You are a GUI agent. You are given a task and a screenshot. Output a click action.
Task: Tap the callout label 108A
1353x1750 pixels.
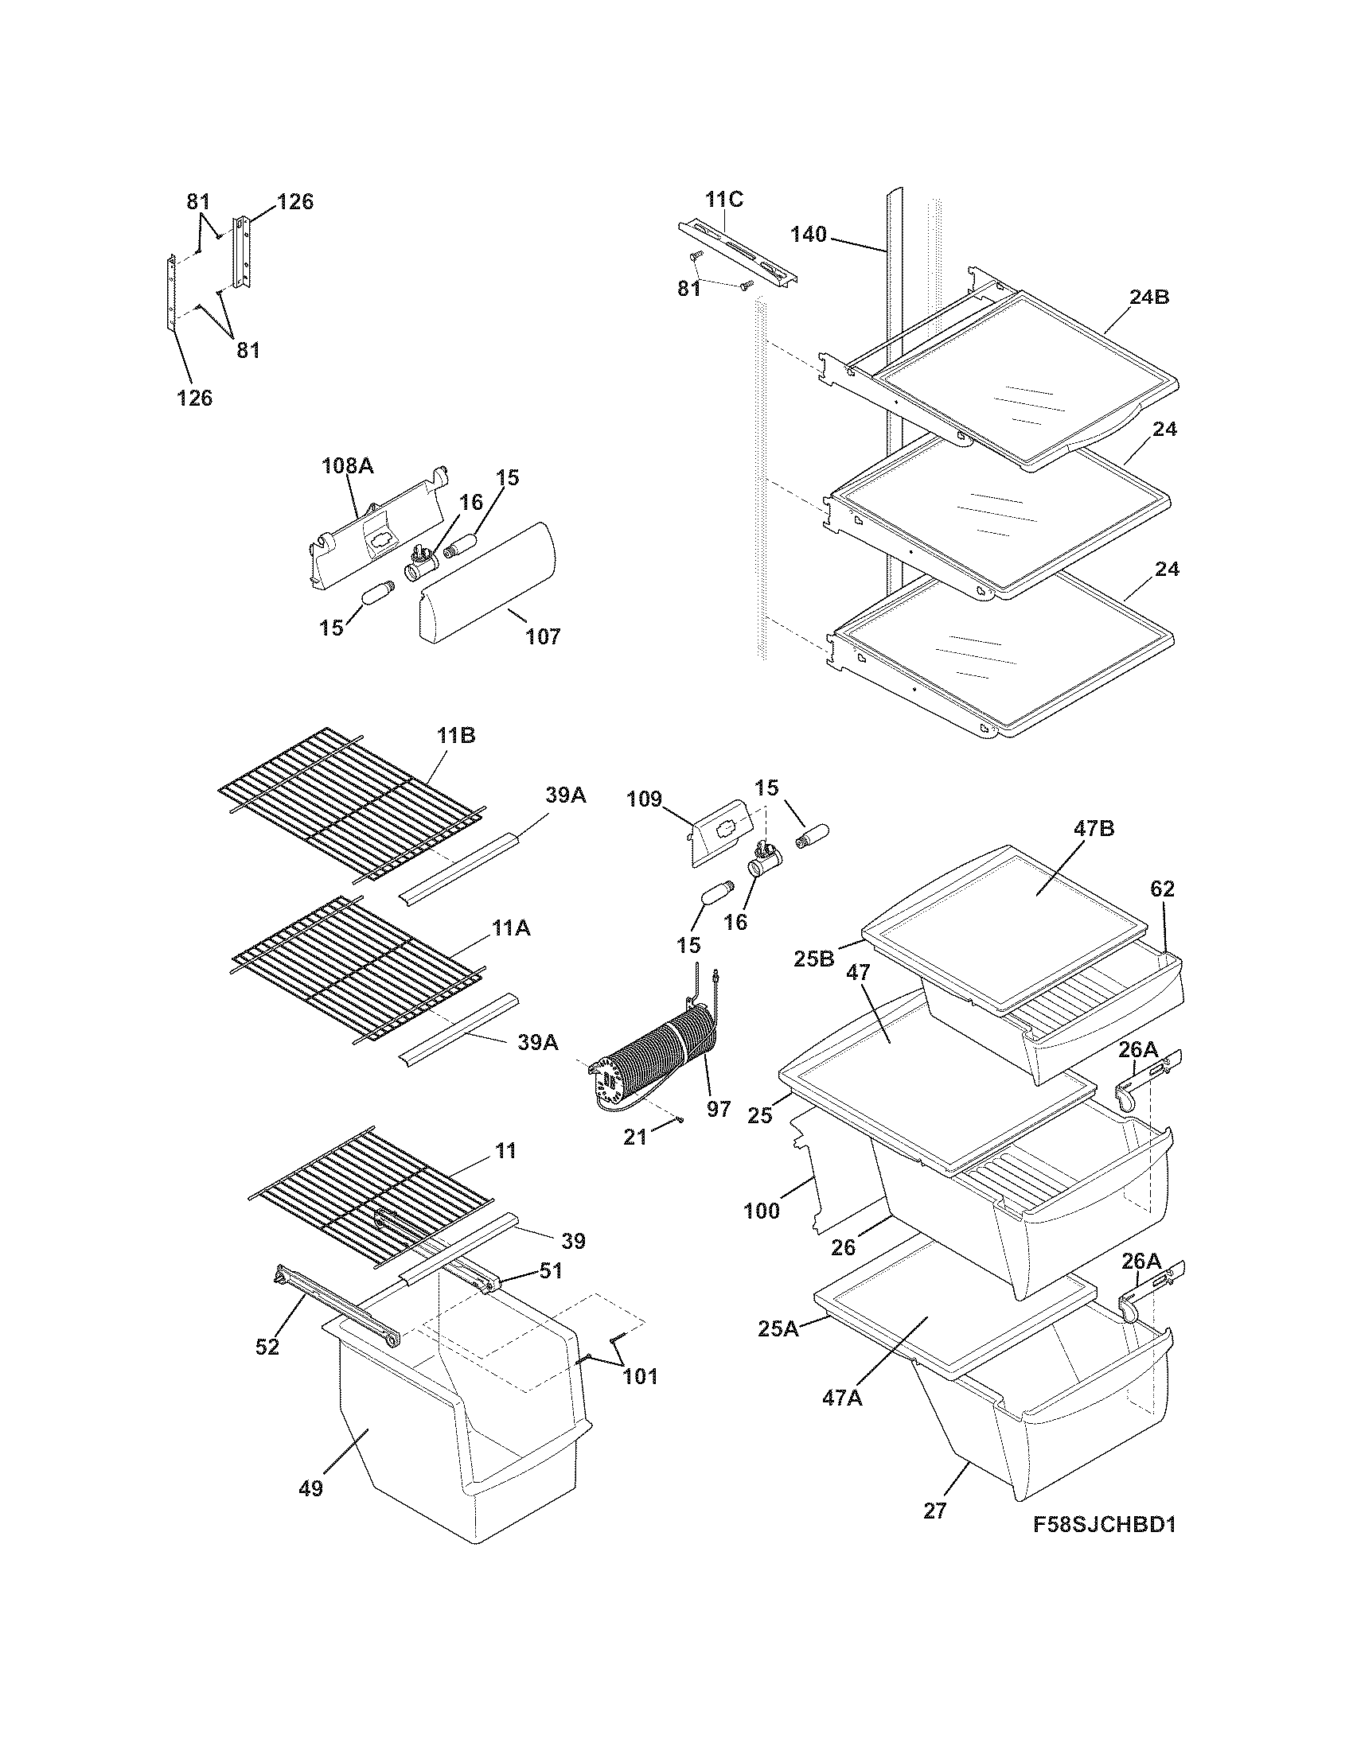coord(347,465)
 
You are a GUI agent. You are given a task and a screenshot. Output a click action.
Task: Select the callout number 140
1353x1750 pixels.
coord(807,235)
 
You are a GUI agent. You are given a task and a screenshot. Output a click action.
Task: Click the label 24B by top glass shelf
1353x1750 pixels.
coord(1148,297)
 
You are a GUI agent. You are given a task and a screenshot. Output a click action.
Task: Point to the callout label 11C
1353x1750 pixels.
coord(723,200)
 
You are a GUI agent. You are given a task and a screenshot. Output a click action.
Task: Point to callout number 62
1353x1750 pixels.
coord(1162,889)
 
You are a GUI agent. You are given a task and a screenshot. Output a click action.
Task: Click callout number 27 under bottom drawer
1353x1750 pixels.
coord(934,1511)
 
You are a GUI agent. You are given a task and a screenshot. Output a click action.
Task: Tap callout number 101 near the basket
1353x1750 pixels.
coord(641,1377)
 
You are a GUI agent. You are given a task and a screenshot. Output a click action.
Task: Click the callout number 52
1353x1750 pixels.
coord(267,1347)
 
